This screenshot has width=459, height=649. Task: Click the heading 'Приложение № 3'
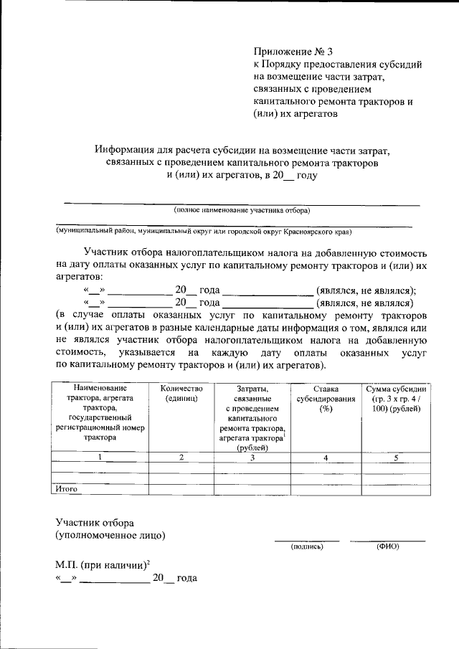tap(294, 52)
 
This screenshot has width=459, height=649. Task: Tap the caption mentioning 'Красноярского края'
tap(204, 232)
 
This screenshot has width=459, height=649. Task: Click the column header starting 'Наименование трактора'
tap(100, 412)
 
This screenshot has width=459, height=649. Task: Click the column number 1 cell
tap(100, 457)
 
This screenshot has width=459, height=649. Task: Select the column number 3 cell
tap(252, 457)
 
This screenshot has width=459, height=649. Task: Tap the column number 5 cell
tap(396, 457)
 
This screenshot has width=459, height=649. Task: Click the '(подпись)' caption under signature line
tap(307, 546)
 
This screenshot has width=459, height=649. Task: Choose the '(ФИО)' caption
tap(387, 546)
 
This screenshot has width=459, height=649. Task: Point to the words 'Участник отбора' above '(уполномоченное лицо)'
tap(95, 522)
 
